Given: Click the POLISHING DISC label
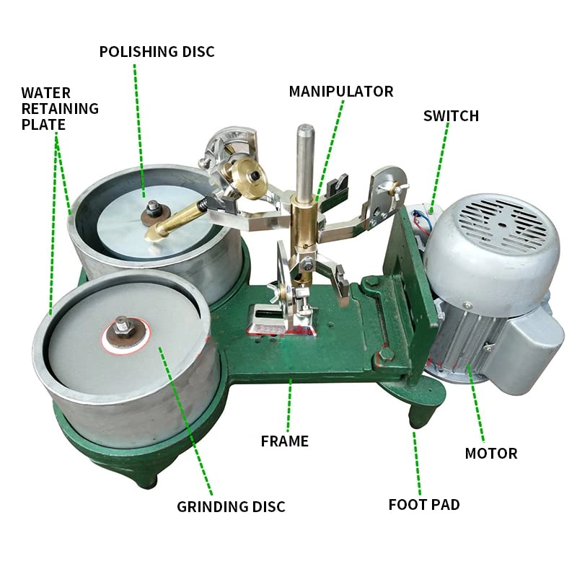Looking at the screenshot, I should point(157,52).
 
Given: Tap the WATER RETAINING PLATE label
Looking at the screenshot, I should point(59,108).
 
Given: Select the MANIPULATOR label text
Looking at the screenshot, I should point(340,92).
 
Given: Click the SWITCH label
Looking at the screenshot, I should point(451,116).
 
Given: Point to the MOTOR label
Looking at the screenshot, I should point(490,454).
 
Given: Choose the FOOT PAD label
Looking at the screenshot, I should point(423,504).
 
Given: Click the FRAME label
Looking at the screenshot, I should point(284,441).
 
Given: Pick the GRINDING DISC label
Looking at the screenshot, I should point(231,507).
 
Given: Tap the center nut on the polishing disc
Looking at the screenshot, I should point(153,211).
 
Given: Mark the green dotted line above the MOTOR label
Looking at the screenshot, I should point(474,404).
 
